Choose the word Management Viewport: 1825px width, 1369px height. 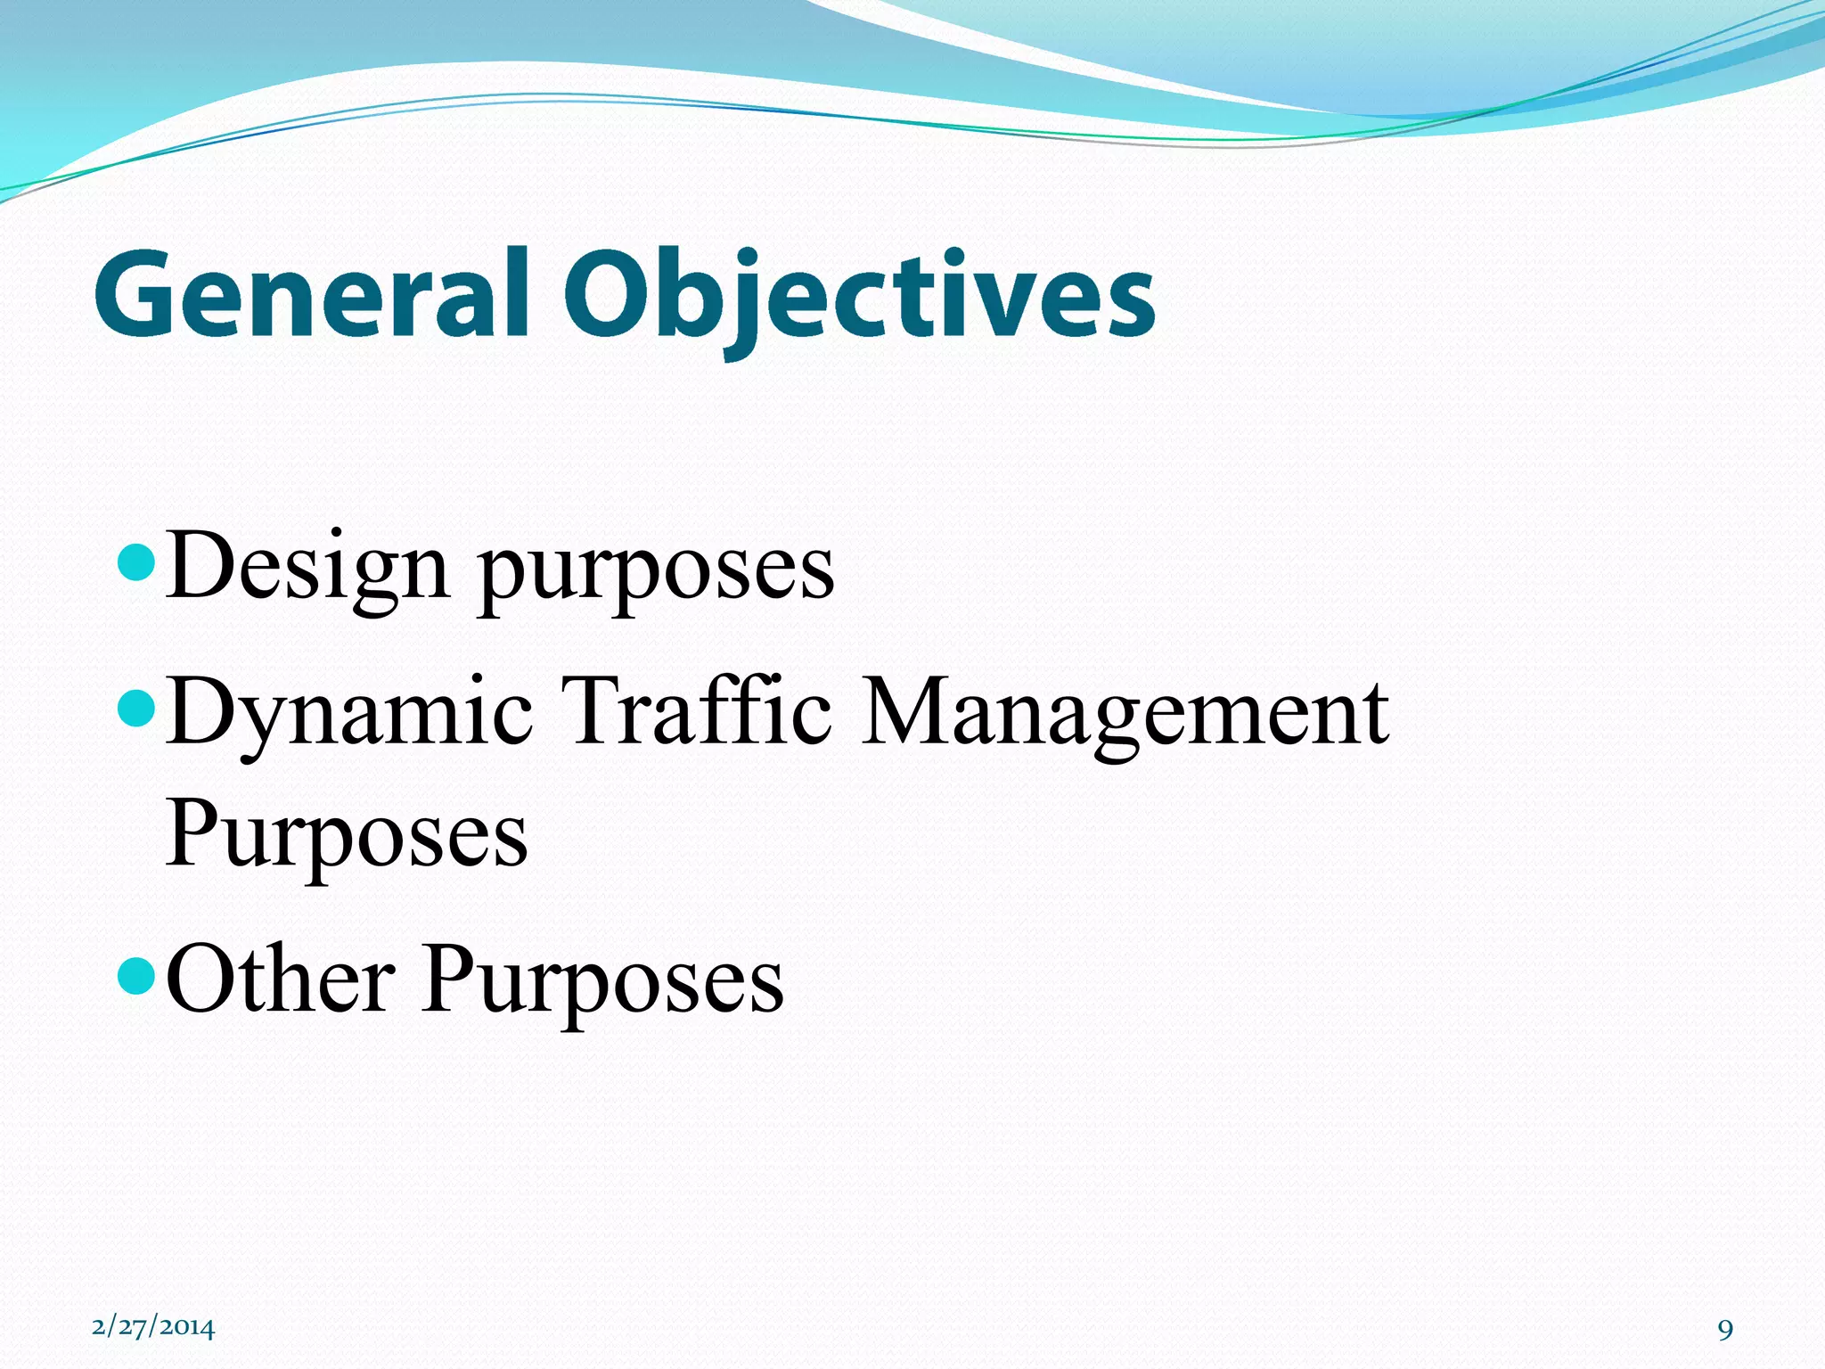[x=1125, y=713]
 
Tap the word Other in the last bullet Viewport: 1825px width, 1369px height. [x=280, y=980]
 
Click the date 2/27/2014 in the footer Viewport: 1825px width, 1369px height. [x=153, y=1327]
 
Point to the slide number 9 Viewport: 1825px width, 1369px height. [x=1725, y=1330]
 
